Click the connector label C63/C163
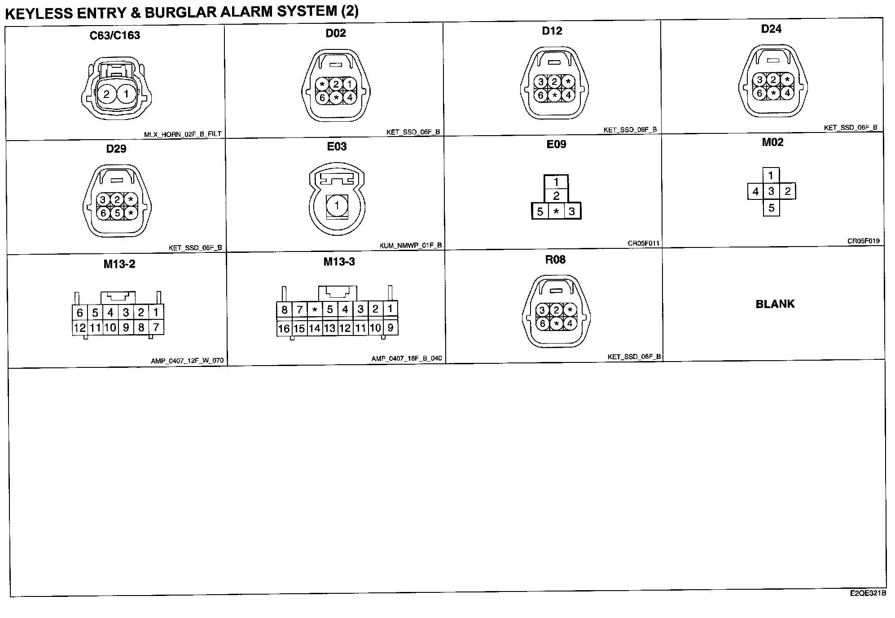coord(115,35)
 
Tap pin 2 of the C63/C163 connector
coord(106,94)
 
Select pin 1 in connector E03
coord(337,206)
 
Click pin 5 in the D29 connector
coord(117,212)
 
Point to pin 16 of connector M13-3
coord(284,328)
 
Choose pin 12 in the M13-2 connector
coord(80,327)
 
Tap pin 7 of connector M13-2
coord(156,327)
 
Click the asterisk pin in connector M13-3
coord(315,309)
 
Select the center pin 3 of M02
coord(771,191)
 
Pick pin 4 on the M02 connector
coord(755,192)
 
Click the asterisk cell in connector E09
coord(556,212)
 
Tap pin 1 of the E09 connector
coord(556,182)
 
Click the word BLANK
coord(775,304)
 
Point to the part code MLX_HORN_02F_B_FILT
coord(183,134)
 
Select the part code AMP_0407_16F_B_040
coord(406,358)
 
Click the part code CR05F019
coord(863,241)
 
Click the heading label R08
coord(555,260)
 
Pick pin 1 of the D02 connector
coord(349,84)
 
